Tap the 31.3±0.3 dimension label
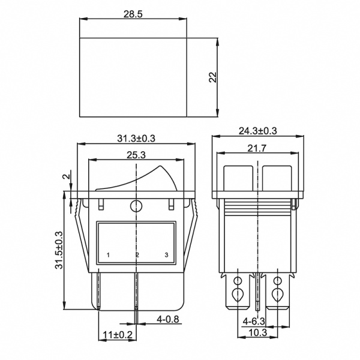136,138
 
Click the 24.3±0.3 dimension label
257,131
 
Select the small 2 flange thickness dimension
65,178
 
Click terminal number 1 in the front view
108,256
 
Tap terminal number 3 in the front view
166,256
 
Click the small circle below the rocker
137,207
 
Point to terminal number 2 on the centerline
137,256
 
